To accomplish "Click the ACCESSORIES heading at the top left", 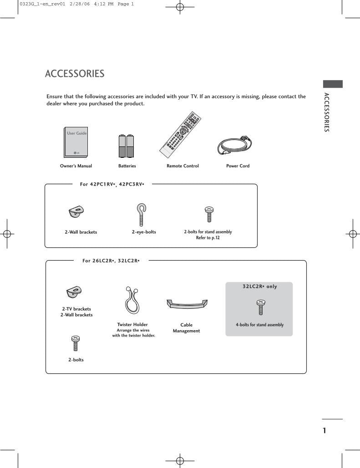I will coord(75,74).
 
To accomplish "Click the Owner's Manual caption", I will coord(76,166).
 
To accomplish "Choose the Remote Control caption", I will coord(183,166).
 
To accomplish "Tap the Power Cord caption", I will coord(238,166).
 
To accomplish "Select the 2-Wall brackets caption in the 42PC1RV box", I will coord(81,232).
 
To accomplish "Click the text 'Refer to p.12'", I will coord(208,238).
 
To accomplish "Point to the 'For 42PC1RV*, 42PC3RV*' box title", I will coord(112,184).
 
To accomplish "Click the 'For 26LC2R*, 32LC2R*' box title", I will coord(111,261).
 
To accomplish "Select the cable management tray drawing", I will coord(187,304).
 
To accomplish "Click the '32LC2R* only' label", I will coord(259,287).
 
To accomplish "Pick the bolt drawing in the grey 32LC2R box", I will coord(260,307).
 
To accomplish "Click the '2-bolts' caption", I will coord(76,360).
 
